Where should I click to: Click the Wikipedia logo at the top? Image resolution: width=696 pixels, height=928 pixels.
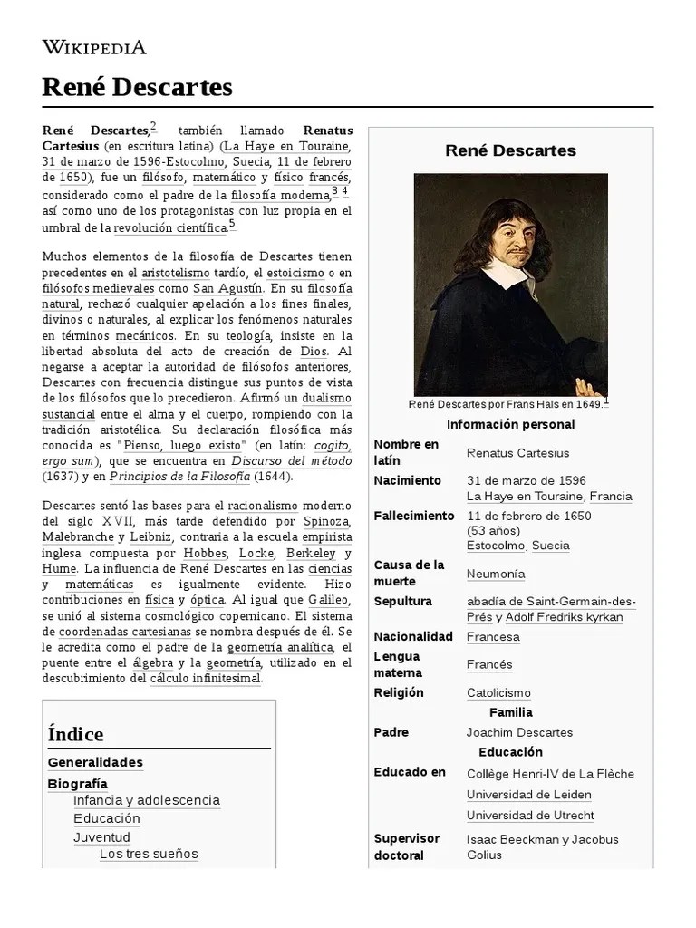pos(94,48)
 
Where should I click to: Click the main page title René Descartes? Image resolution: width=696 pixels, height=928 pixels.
pos(137,87)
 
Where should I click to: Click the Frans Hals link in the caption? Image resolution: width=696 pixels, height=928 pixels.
pos(533,405)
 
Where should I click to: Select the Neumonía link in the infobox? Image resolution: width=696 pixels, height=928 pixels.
pos(495,574)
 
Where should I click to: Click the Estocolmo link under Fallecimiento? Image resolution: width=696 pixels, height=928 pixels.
pos(495,546)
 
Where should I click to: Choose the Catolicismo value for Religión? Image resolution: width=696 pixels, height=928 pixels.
pos(498,693)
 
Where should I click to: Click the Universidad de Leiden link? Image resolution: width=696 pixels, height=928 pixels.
pos(528,795)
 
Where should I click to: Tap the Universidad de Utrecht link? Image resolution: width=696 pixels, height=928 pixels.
pos(530,816)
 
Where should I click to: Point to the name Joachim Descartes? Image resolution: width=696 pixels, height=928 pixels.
pos(519,732)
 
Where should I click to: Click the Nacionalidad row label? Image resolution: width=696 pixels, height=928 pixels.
pos(412,636)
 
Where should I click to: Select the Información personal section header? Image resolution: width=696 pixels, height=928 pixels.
pos(510,424)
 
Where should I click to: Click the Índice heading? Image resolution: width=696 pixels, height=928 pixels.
pos(76,734)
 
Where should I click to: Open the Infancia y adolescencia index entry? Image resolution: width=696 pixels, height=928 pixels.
pos(147,800)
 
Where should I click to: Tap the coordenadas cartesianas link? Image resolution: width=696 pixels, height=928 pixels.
pos(102,631)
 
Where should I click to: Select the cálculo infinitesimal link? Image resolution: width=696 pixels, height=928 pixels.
pos(205,678)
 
